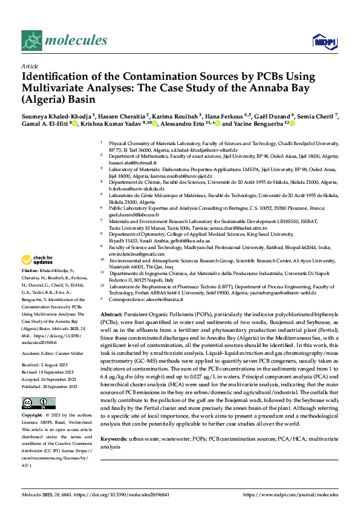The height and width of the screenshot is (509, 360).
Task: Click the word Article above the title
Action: click(30, 66)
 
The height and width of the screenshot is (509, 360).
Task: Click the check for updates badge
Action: click(37, 260)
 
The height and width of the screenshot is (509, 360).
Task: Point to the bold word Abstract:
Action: click(111, 316)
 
